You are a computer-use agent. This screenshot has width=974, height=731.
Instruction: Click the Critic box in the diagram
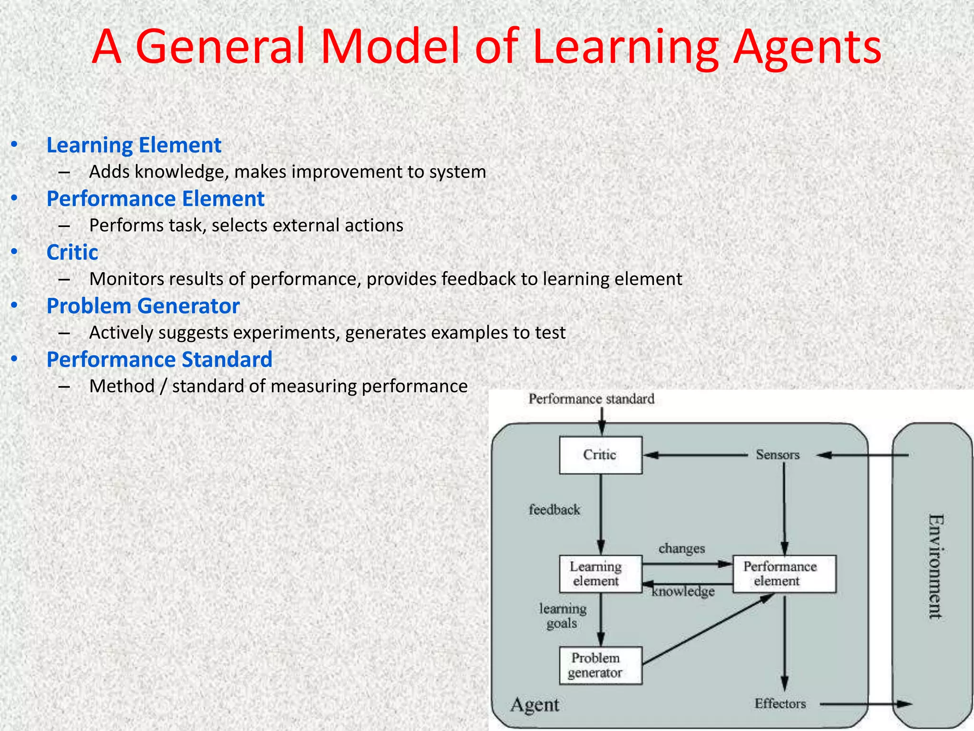tap(600, 455)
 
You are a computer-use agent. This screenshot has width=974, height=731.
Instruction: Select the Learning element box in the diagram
tap(600, 573)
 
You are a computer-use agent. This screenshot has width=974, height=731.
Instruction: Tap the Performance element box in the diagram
tap(784, 573)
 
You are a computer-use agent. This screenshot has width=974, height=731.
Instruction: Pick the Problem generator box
tap(600, 665)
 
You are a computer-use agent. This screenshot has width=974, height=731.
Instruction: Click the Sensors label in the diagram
tap(778, 455)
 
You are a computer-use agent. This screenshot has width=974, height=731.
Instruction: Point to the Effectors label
tap(780, 703)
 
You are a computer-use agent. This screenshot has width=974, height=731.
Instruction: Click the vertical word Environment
tap(935, 566)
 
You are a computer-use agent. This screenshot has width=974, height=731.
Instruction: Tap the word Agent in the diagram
tap(535, 704)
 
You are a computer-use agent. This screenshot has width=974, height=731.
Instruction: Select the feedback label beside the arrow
tap(554, 510)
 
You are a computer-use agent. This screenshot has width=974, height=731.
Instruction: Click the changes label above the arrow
tap(682, 548)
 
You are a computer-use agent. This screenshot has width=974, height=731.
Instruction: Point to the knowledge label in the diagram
tap(683, 592)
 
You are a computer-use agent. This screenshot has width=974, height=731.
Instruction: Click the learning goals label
tap(562, 616)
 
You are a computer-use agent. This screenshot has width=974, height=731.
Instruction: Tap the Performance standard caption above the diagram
tap(591, 399)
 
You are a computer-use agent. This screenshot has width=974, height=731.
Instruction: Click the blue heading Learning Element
tap(134, 145)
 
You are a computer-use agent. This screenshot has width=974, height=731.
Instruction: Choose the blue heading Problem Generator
tap(143, 306)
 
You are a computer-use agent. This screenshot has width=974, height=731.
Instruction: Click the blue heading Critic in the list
tap(72, 252)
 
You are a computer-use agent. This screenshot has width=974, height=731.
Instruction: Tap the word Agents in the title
tap(807, 47)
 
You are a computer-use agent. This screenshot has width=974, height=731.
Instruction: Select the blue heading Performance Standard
tap(159, 359)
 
